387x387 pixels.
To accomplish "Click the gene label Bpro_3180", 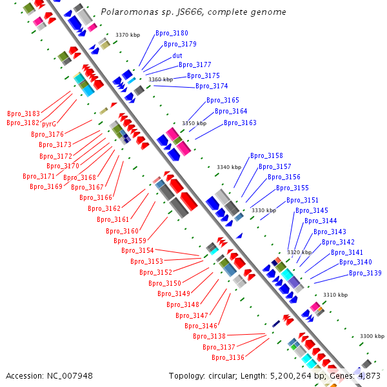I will point(172,33).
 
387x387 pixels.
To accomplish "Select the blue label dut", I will point(177,55).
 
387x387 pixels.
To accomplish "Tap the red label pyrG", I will point(49,123).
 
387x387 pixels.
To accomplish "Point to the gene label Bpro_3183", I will point(23,113).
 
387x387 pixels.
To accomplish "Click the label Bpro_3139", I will point(365,273).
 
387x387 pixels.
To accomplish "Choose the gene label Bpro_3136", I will point(228,357).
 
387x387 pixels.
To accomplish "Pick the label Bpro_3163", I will point(240,123).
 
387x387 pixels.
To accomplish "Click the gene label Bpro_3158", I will point(266,155).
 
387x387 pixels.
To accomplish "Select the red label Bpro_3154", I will point(137,250).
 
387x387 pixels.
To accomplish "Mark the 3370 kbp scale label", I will point(128,35).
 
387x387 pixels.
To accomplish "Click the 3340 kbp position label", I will point(229,167).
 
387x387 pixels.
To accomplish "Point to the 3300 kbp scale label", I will point(372,336).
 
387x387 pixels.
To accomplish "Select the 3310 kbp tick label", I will point(335,295).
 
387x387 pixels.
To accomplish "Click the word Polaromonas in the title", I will point(125,12).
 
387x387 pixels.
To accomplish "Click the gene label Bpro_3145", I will point(312,210).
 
